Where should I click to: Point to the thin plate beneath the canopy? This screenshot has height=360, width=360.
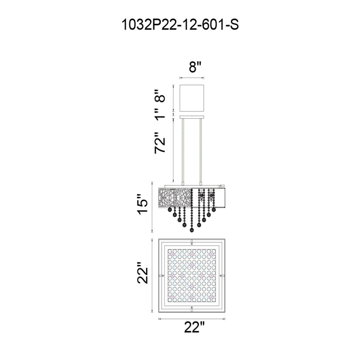click(192, 116)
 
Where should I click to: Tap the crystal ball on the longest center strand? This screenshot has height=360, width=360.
click(191, 229)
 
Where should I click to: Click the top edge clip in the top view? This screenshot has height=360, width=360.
click(192, 241)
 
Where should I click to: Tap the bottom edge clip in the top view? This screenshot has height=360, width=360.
click(192, 309)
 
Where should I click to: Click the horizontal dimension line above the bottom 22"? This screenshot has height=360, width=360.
click(192, 319)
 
